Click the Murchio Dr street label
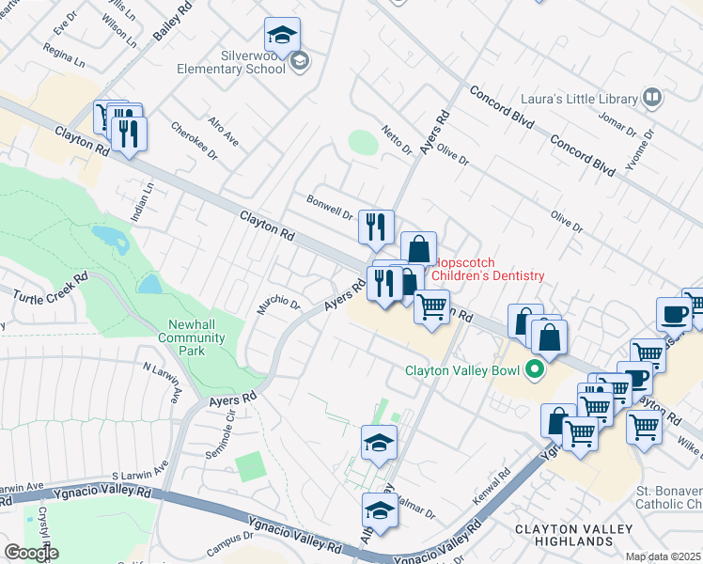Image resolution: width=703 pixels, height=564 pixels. pyautogui.click(x=279, y=306)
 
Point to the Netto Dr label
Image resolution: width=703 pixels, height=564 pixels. pyautogui.click(x=397, y=139)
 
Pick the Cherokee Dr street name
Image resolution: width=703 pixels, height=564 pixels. pyautogui.click(x=194, y=140)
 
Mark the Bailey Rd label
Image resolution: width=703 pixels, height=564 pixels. pyautogui.click(x=166, y=20)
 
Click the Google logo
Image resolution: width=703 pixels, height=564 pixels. pyautogui.click(x=31, y=553)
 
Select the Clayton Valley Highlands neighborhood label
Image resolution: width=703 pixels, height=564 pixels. pyautogui.click(x=573, y=536)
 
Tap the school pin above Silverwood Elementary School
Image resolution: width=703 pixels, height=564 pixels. pyautogui.click(x=282, y=36)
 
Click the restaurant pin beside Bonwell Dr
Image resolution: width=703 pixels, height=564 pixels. pyautogui.click(x=375, y=227)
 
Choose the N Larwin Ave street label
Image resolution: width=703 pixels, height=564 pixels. pyautogui.click(x=160, y=384)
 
